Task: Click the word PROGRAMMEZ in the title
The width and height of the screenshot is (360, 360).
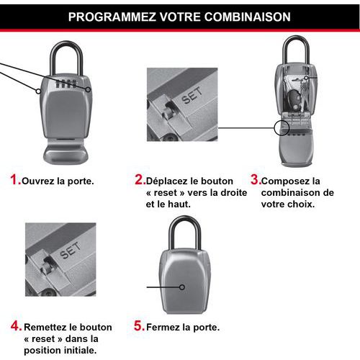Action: click(108, 16)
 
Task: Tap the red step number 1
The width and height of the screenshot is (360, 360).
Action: click(14, 180)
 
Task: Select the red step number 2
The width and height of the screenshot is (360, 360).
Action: click(140, 180)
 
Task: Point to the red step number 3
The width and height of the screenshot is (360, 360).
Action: click(254, 180)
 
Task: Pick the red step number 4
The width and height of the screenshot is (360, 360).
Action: click(15, 325)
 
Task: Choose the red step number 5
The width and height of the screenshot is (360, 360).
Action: click(140, 325)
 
